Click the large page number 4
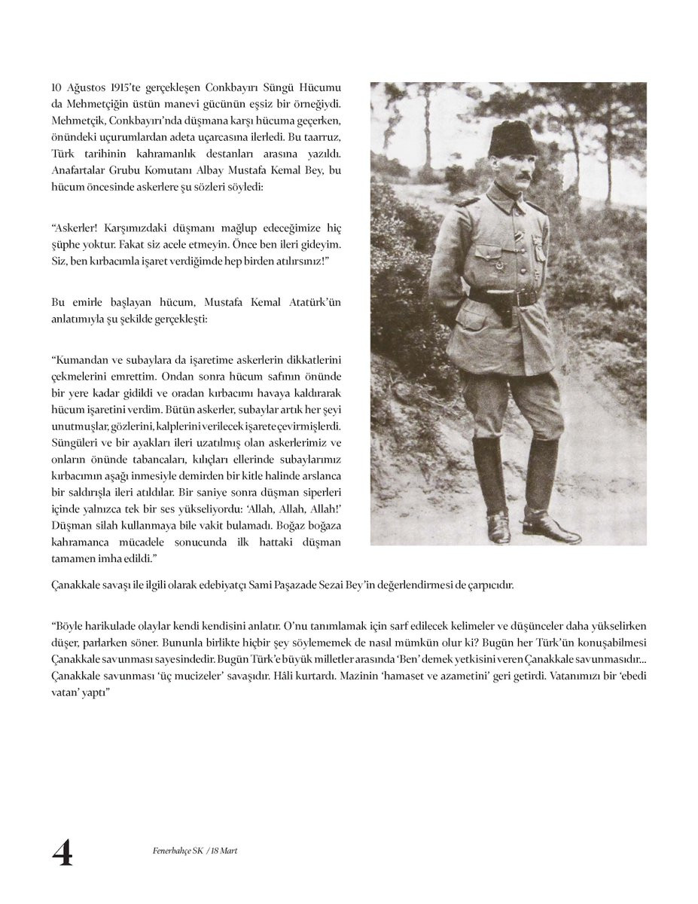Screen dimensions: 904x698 point(62,853)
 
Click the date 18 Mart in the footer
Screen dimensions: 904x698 point(224,851)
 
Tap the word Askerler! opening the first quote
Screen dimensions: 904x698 point(77,228)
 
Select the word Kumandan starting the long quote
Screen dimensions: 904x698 point(82,359)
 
